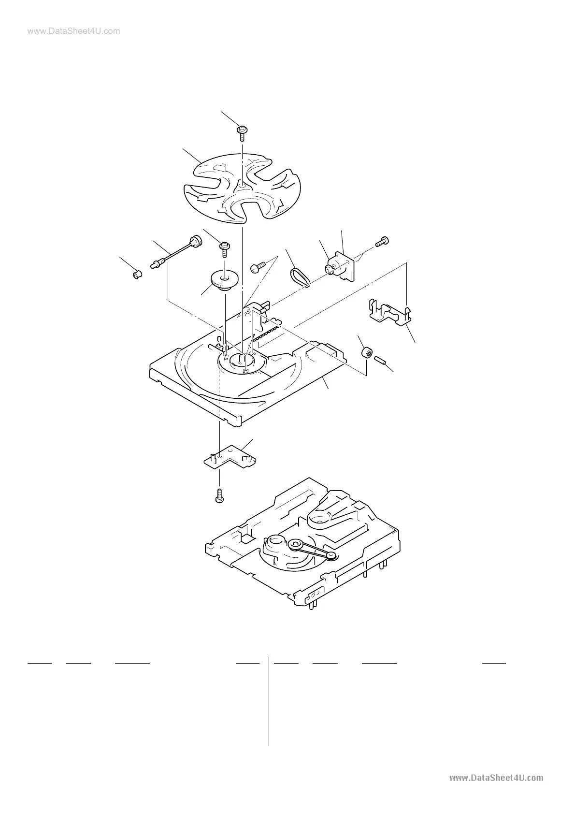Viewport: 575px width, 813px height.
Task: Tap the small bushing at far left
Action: tap(137, 275)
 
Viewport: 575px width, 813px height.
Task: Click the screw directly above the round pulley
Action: tap(225, 248)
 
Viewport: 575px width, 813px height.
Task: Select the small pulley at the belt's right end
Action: tap(331, 556)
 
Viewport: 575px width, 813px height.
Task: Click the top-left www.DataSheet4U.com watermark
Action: tap(73, 31)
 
